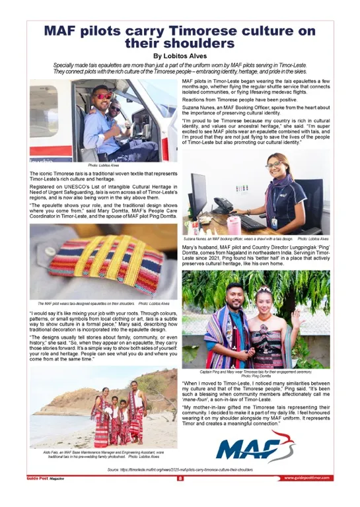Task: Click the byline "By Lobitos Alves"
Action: click(x=180, y=56)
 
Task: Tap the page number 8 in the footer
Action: click(x=180, y=478)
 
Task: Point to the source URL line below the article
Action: click(x=180, y=469)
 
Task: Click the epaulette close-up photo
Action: click(x=103, y=261)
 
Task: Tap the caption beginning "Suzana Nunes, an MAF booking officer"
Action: click(x=238, y=238)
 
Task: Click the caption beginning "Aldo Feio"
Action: click(x=102, y=454)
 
